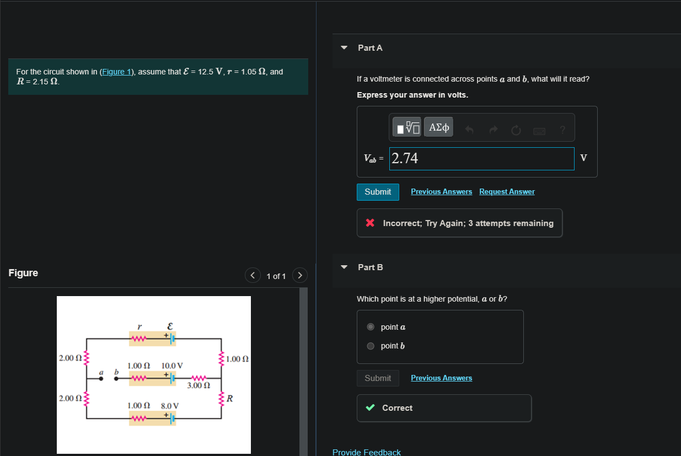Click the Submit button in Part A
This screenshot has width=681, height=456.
(378, 192)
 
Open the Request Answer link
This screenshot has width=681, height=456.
(507, 192)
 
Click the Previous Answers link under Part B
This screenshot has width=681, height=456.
(441, 378)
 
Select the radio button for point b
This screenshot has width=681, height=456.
(371, 346)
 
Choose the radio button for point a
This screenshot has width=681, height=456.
(371, 327)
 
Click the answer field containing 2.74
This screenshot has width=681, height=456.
(481, 159)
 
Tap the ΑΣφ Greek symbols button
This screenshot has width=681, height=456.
(438, 127)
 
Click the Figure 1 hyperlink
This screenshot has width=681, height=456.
(117, 72)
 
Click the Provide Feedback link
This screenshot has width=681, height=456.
(366, 452)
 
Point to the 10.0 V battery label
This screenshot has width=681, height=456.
(172, 366)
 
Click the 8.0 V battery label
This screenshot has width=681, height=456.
(170, 406)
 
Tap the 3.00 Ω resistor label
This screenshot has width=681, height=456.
(198, 385)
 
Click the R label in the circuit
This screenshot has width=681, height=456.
(230, 398)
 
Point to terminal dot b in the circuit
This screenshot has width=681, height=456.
(116, 379)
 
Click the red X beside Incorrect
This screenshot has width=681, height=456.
(371, 223)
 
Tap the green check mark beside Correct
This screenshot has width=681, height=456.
(371, 408)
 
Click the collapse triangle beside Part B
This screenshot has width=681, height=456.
(345, 267)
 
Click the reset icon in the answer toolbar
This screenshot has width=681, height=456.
(516, 130)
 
